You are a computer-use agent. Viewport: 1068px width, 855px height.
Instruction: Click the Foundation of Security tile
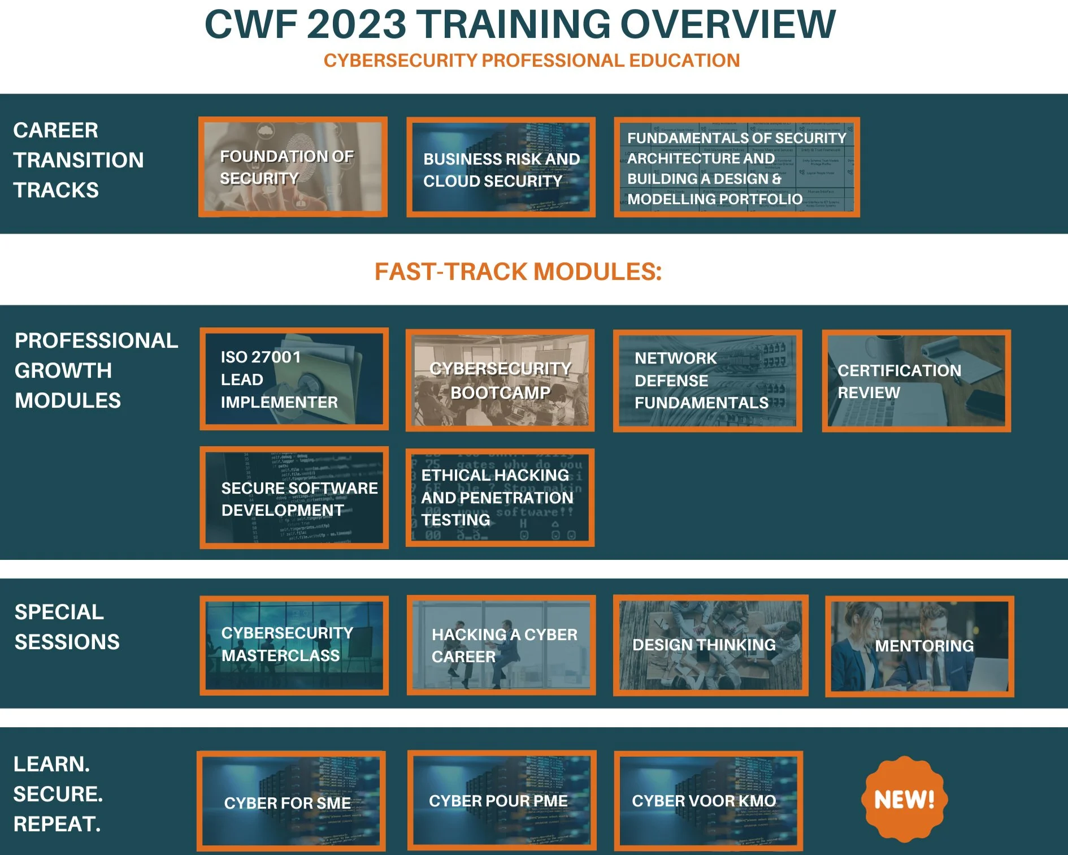coord(293,167)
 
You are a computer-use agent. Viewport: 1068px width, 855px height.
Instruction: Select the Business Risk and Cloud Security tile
coord(501,167)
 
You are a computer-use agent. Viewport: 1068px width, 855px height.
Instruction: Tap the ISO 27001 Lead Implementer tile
coord(294,379)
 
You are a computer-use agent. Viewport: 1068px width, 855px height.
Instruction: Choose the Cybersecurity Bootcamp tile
coord(500,381)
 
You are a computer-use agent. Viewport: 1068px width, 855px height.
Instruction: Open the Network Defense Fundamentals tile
coord(707,381)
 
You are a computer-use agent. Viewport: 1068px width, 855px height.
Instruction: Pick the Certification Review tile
coord(916,381)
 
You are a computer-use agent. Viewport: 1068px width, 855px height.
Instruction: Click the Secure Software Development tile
coord(294,498)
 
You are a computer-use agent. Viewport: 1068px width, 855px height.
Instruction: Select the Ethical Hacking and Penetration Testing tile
coord(500,498)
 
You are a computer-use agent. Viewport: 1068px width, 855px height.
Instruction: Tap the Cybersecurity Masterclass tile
coord(294,645)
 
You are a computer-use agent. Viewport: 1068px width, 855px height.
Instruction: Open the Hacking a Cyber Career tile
coord(501,645)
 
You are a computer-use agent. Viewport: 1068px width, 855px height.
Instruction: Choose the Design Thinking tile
coord(710,645)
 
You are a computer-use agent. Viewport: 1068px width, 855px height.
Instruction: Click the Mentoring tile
coord(919,646)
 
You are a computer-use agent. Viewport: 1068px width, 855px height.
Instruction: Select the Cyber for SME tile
coord(292,801)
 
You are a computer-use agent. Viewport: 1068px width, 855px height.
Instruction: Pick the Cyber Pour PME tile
coord(501,800)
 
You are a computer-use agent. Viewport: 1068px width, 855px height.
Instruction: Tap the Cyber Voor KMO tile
coord(708,801)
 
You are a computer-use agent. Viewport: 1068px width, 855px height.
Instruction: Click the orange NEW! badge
coord(904,799)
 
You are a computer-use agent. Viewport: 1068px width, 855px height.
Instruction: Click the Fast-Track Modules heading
coord(518,272)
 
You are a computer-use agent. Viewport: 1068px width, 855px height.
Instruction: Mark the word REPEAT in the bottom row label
coord(57,824)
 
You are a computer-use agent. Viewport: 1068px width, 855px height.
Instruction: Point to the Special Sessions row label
coord(67,627)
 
